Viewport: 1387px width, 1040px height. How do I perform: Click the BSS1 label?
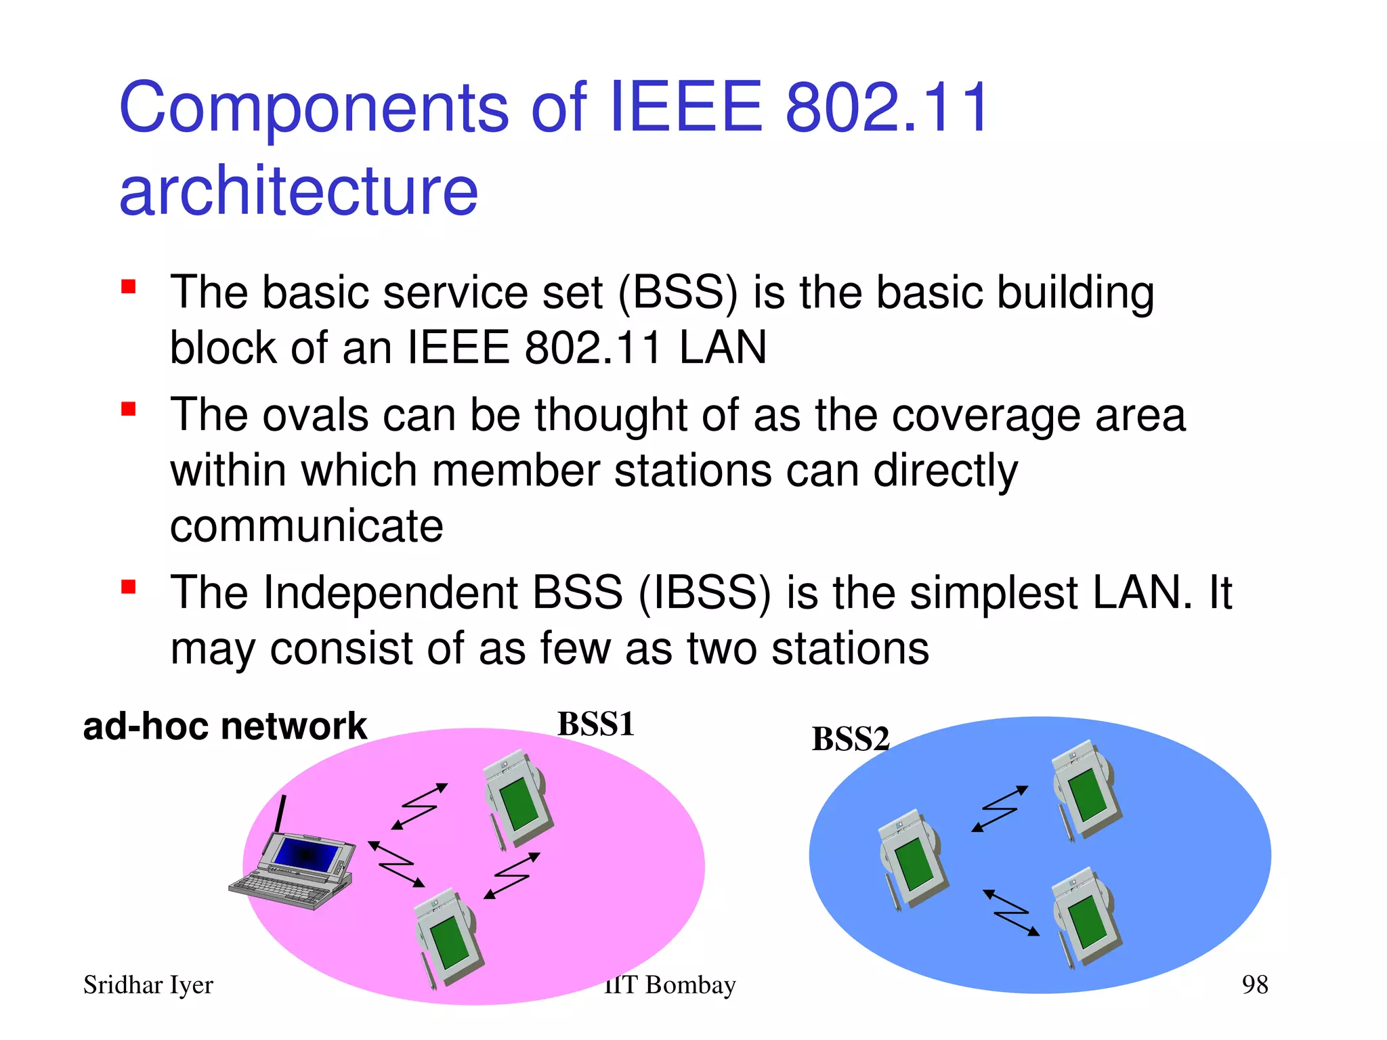[595, 724]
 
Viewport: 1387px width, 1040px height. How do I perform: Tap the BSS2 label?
[850, 739]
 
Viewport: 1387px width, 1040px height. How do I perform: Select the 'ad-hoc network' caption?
[224, 727]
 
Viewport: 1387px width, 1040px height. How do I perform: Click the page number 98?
[1254, 984]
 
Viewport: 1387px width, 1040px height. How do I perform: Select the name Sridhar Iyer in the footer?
[148, 985]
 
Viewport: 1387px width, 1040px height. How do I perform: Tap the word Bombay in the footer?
[690, 985]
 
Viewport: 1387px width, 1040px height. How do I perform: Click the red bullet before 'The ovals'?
[129, 409]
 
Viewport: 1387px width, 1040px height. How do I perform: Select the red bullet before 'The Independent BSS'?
[129, 586]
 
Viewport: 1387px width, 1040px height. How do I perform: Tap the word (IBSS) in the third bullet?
[704, 593]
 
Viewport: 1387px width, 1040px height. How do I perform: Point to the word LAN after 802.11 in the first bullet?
[723, 347]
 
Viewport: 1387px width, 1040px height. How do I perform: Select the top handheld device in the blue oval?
[1085, 789]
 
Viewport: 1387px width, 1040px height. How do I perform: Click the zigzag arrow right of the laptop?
[396, 864]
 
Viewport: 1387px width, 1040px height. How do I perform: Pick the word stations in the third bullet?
[850, 649]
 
